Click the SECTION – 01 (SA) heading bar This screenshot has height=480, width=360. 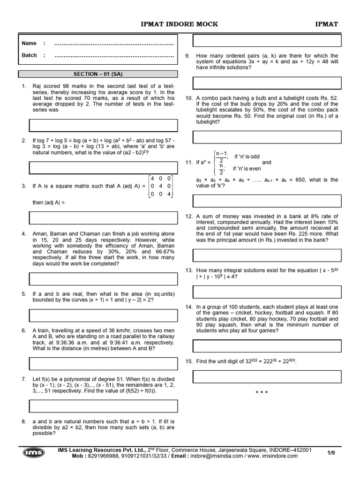pos(98,74)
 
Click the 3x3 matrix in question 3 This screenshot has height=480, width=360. pos(160,186)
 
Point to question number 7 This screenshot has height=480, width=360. pos(24,378)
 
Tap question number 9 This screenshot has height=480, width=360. pos(187,56)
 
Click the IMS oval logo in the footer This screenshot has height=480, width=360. pos(34,452)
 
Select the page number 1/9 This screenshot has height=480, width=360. pos(331,452)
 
